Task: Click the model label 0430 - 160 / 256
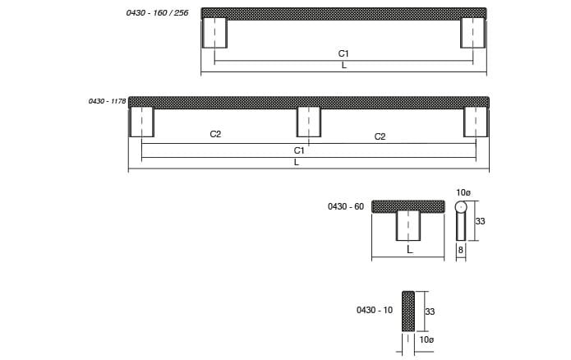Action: coord(157,13)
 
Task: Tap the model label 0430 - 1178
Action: coord(107,101)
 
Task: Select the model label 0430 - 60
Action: coord(346,206)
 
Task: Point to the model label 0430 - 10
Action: coord(375,310)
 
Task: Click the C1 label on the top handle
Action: coord(343,53)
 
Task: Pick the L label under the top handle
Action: coord(343,66)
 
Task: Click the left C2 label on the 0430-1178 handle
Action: coord(215,134)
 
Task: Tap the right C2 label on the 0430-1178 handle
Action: coord(380,136)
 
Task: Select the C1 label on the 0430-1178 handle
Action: coord(299,150)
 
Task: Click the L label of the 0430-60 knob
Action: coord(410,250)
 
